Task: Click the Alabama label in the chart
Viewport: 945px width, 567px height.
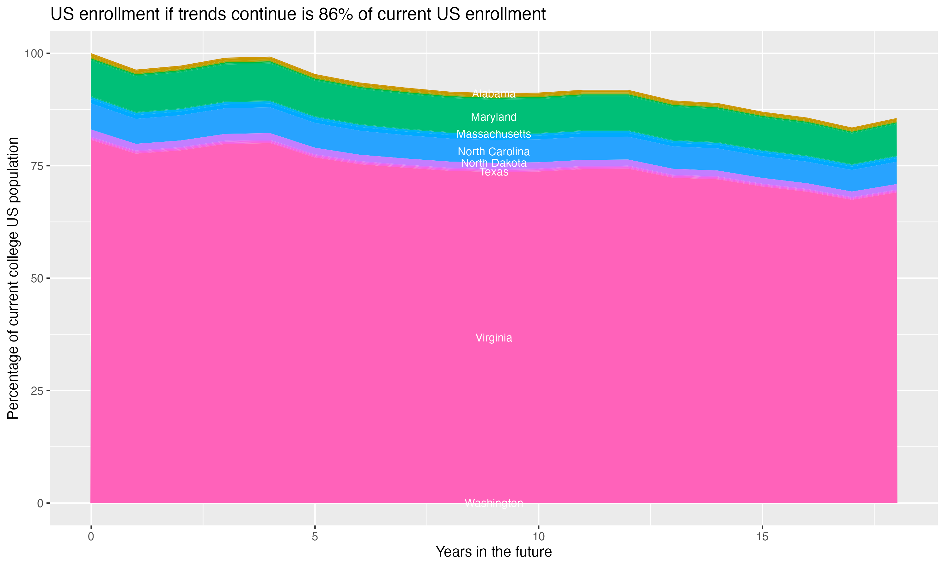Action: click(494, 94)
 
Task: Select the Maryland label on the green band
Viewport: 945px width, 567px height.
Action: click(494, 117)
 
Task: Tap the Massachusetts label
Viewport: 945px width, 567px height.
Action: click(494, 134)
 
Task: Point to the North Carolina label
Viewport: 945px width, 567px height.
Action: click(494, 152)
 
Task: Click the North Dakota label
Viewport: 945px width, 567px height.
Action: click(494, 163)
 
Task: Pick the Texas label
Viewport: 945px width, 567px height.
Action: click(494, 172)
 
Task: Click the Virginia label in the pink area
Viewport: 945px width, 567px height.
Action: click(494, 338)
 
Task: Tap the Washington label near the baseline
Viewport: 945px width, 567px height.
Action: click(494, 503)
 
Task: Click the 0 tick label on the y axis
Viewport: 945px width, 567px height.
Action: click(40, 503)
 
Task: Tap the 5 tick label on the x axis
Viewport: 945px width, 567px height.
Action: click(315, 537)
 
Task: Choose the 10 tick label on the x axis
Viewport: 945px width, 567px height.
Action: click(538, 537)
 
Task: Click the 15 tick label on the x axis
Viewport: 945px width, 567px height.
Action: click(762, 537)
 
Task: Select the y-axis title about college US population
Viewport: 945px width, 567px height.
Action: click(13, 278)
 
